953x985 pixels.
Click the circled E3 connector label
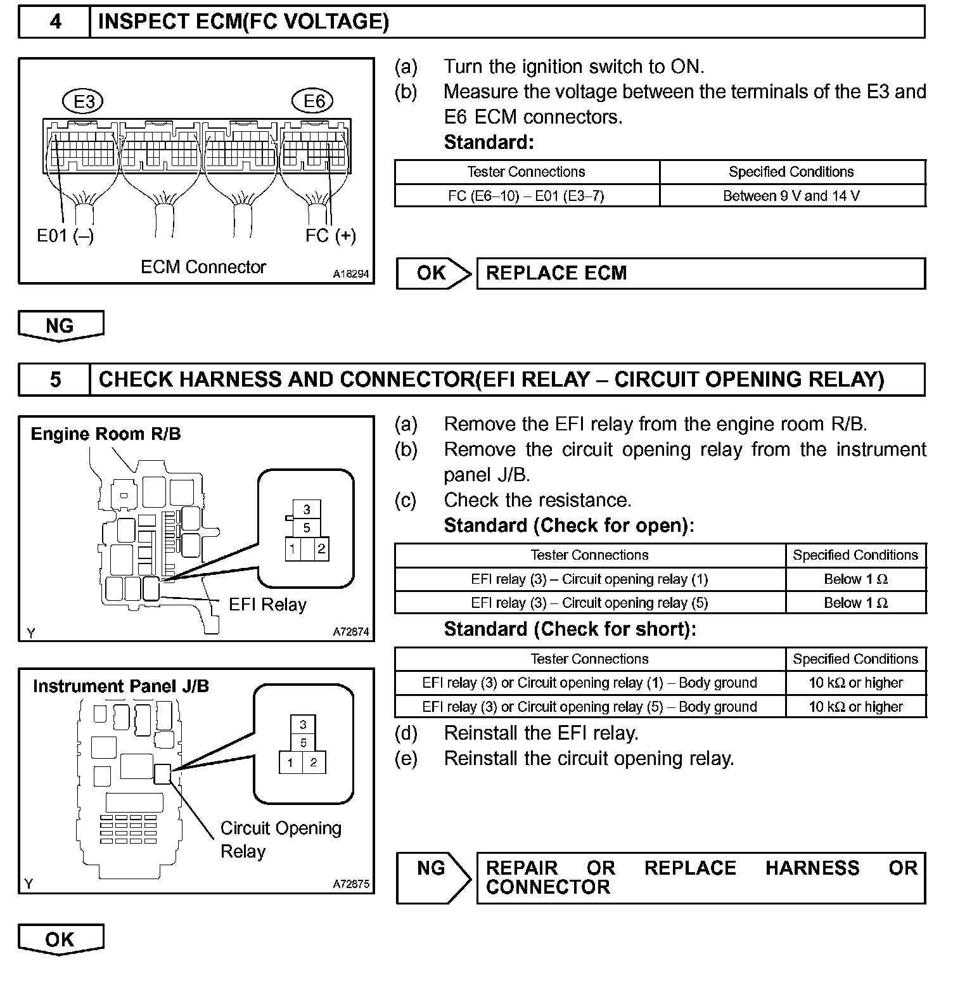tap(84, 101)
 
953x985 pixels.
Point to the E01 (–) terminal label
tap(65, 236)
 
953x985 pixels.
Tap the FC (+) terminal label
tap(330, 236)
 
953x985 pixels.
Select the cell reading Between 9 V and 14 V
tap(791, 196)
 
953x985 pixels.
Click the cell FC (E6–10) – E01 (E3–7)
tap(526, 196)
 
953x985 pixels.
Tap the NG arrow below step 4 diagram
tap(60, 326)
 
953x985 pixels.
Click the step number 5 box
tap(55, 379)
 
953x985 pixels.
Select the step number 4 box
tap(55, 22)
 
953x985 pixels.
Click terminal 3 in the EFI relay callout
tap(307, 510)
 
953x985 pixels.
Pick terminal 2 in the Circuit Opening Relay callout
tap(314, 763)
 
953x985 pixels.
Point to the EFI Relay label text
tap(267, 605)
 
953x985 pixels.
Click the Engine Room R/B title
tap(106, 434)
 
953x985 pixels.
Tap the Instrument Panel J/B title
tap(120, 686)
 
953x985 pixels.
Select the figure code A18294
tap(351, 274)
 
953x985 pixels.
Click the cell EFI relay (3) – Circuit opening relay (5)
tap(589, 603)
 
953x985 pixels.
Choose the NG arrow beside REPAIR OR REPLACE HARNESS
tap(433, 877)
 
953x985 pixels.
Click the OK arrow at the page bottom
tap(60, 939)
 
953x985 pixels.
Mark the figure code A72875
tap(351, 884)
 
